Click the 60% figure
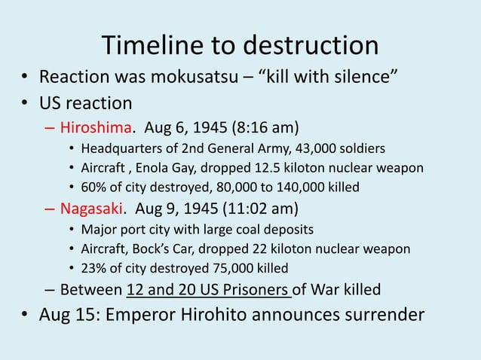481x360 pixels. [93, 188]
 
